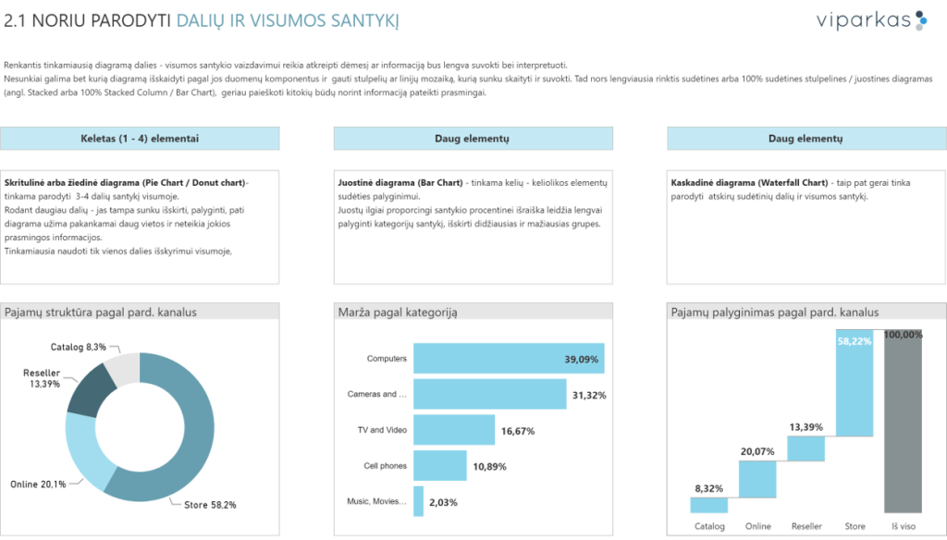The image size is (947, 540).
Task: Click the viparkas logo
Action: coord(859,20)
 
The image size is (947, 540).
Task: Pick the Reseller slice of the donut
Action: coord(89,389)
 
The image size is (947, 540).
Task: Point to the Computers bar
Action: coord(509,359)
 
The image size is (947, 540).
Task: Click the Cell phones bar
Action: coord(439,465)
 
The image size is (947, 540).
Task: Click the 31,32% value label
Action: coord(589,395)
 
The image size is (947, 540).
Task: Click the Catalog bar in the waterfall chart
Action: coord(709,504)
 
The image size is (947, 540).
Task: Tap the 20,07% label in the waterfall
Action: coord(757,452)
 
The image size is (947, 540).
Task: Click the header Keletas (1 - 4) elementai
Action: coord(140,139)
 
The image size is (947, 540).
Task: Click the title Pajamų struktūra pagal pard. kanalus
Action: coord(101,313)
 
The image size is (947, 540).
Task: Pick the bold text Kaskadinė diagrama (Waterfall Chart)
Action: coord(749,182)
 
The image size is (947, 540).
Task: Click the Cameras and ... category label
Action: coord(376,394)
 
